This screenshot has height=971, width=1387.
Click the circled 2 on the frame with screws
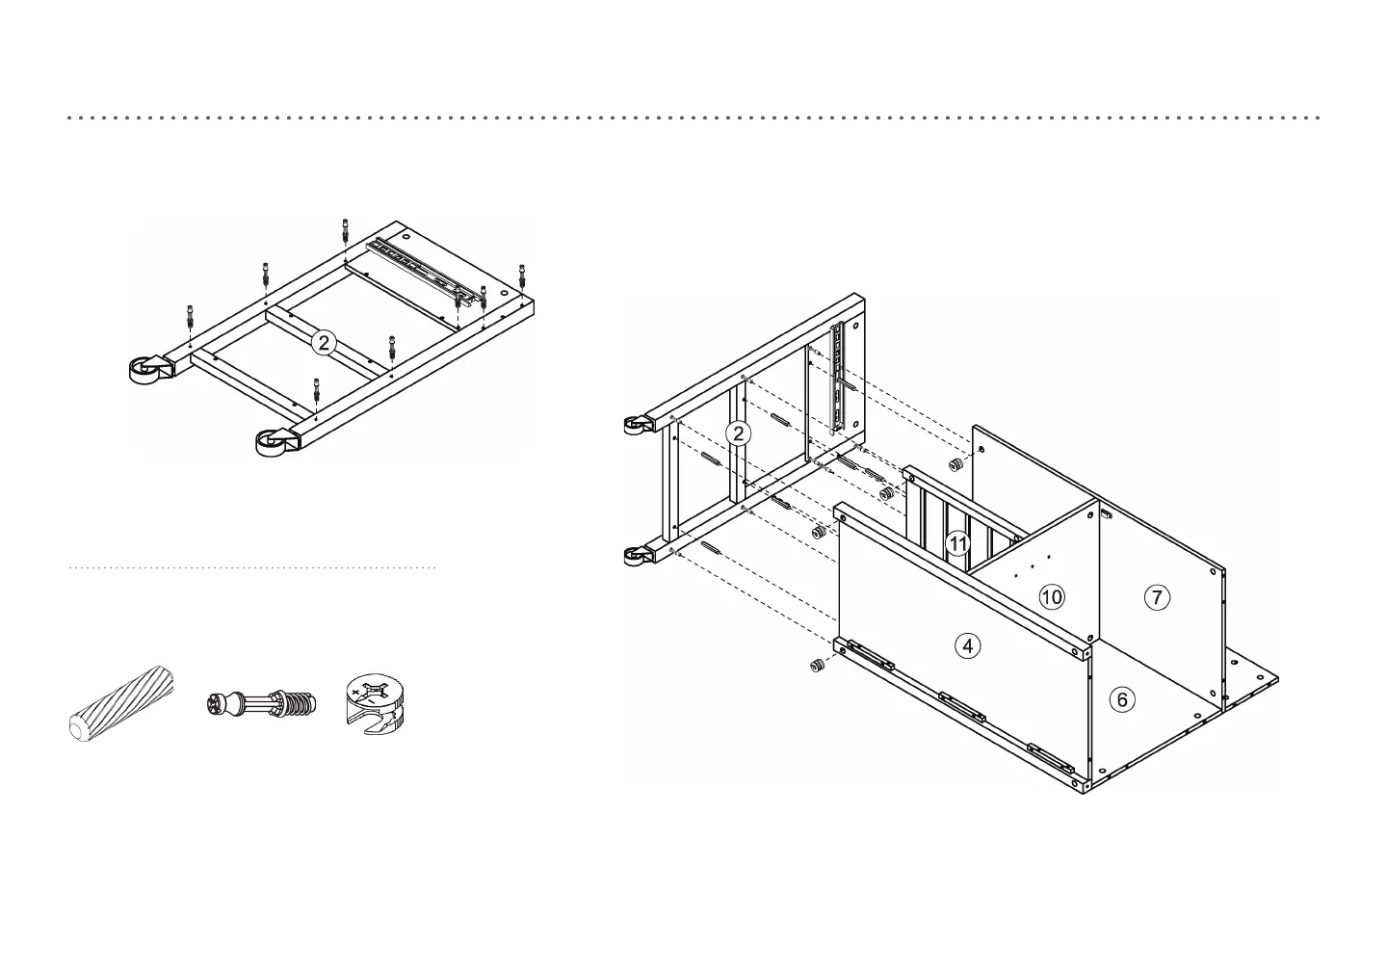(x=325, y=342)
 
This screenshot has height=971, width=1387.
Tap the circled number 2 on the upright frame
(x=738, y=433)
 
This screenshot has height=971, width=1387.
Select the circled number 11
(x=957, y=543)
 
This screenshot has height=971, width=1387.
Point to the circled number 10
(x=1052, y=597)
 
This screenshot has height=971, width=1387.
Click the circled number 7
(x=1156, y=597)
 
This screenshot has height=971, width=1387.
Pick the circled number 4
(x=967, y=645)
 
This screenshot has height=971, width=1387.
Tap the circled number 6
(x=1121, y=699)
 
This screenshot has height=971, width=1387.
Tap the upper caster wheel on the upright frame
(x=635, y=423)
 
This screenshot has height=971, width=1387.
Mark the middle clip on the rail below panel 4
(x=962, y=708)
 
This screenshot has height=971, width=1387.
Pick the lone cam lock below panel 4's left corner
(x=817, y=666)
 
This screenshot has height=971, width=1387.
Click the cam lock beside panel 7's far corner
(x=956, y=465)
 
